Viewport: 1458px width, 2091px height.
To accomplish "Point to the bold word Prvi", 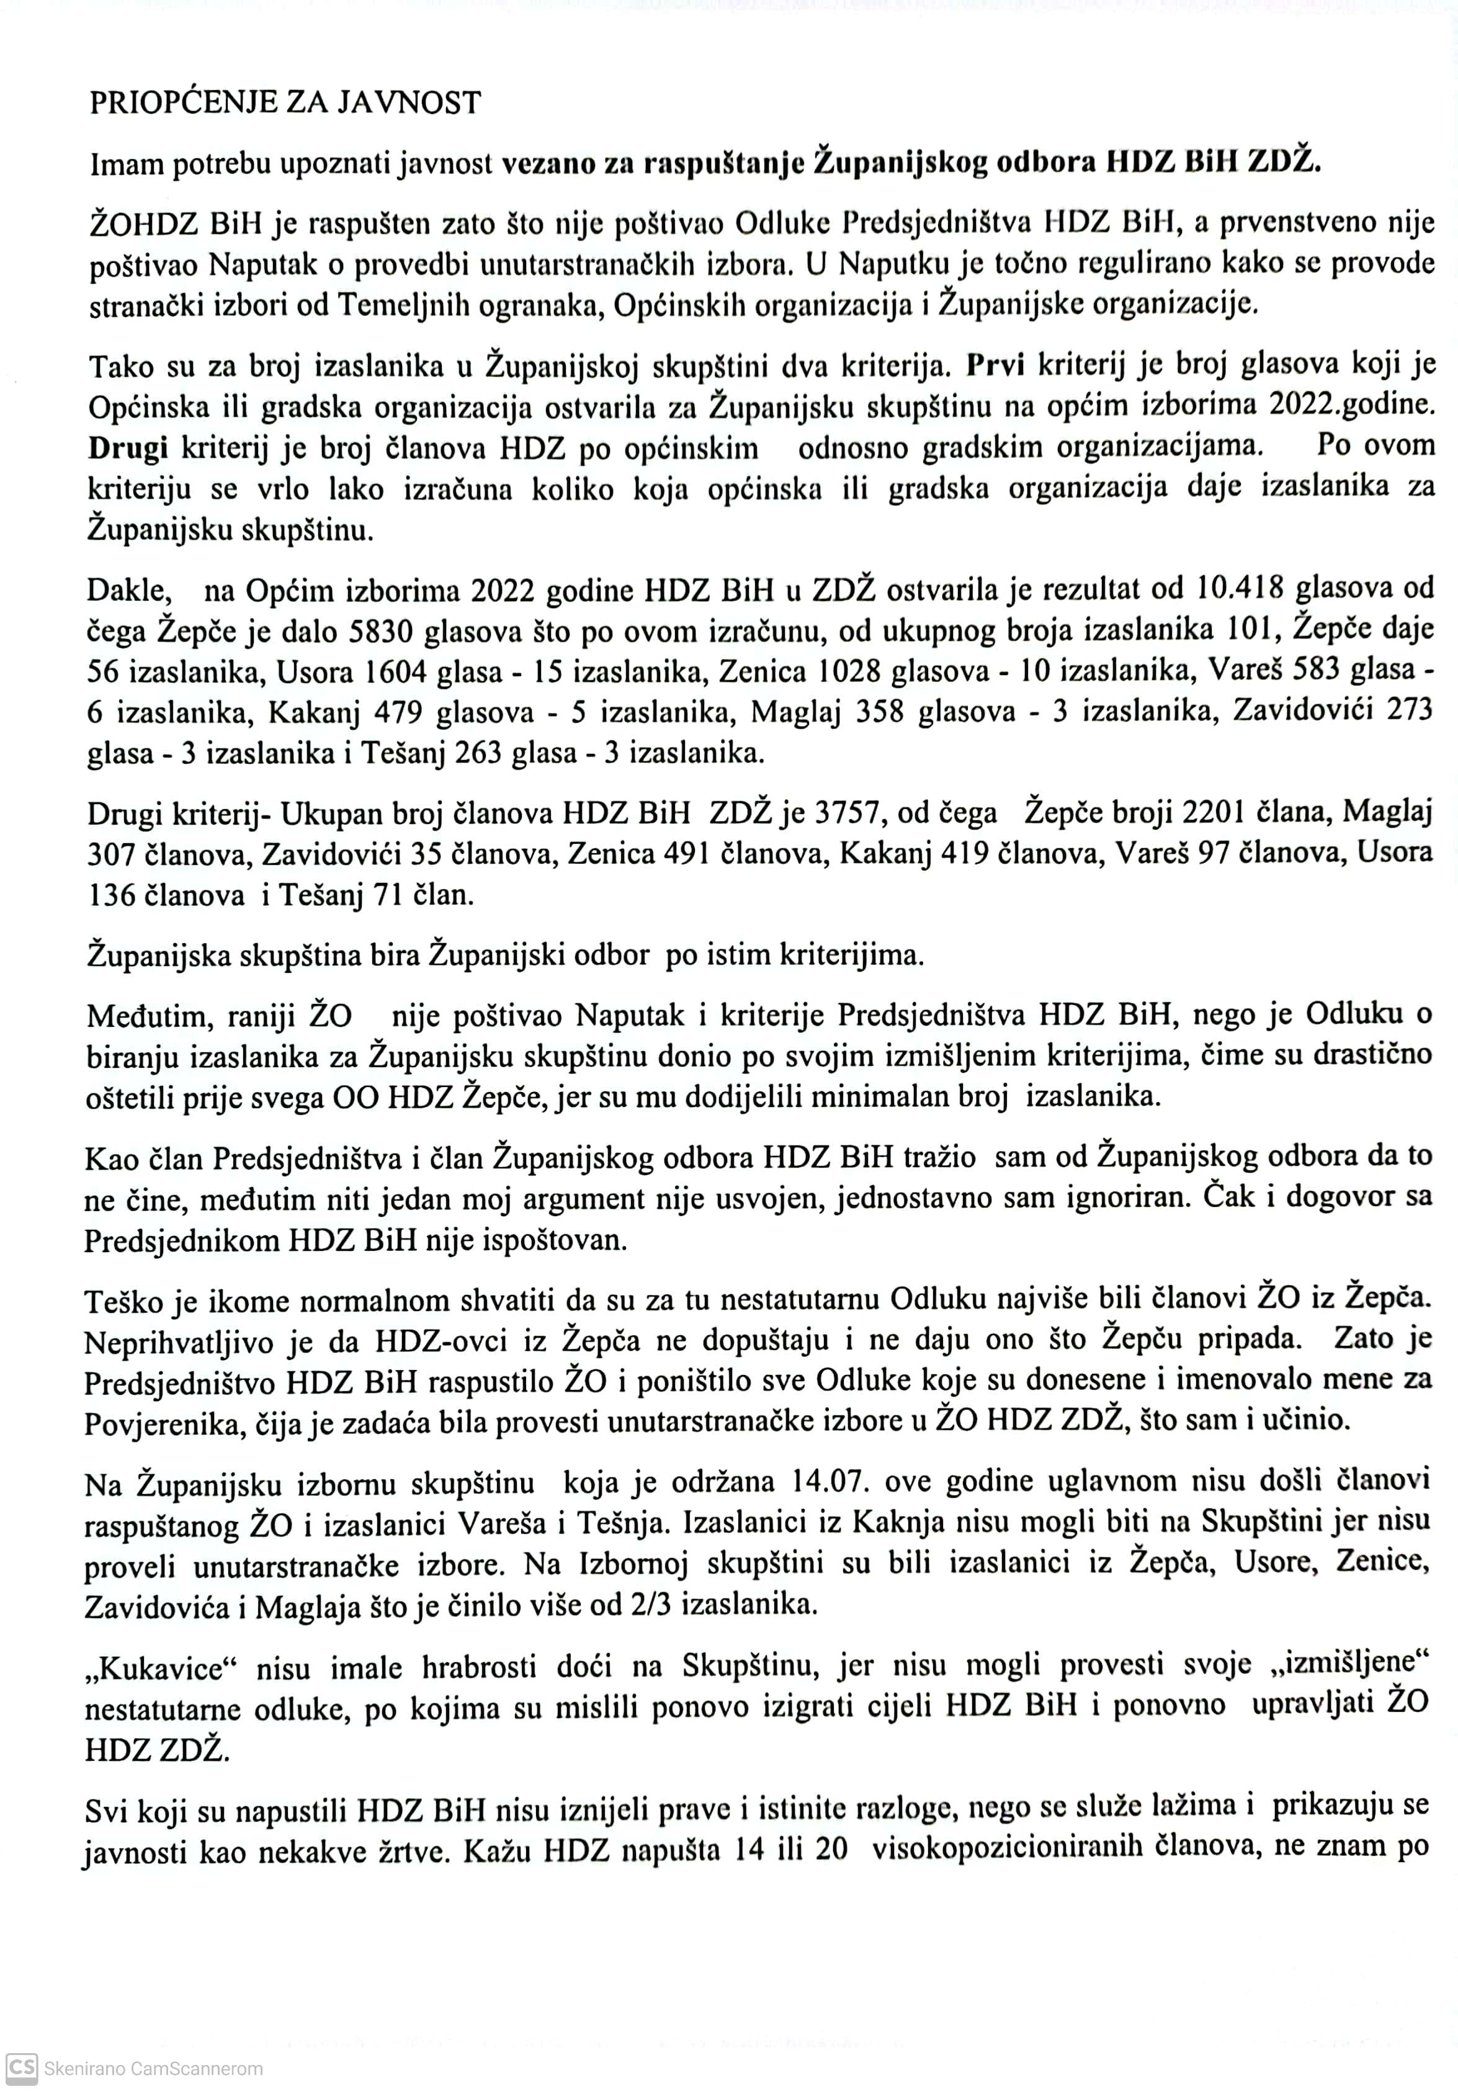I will click(x=995, y=364).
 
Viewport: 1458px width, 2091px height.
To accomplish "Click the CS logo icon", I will click(x=20, y=2068).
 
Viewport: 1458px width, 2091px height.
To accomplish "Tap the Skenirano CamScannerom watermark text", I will click(x=153, y=2069).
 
